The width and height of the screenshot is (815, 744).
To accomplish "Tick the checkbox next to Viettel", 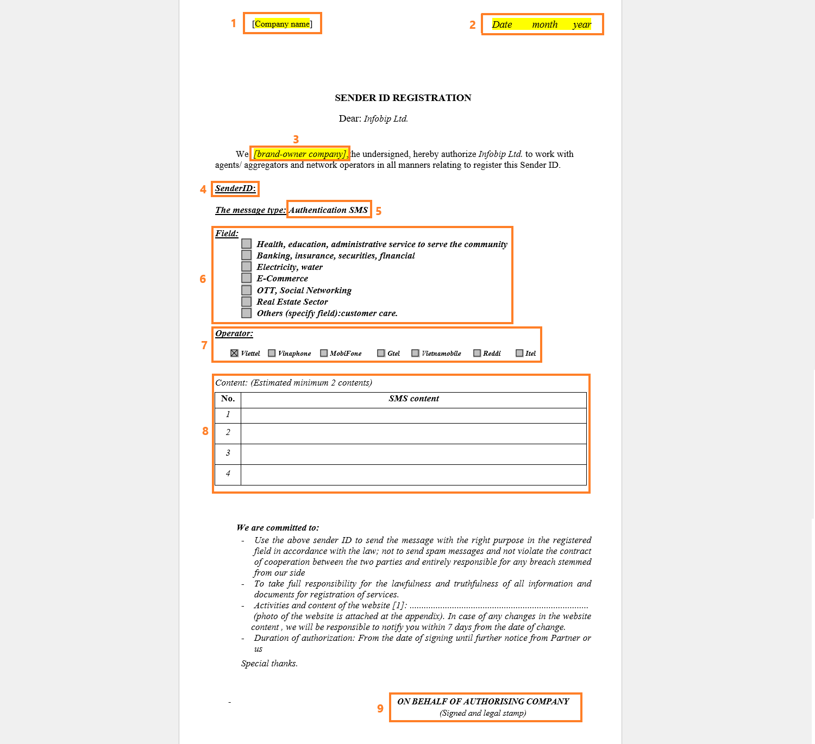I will (234, 353).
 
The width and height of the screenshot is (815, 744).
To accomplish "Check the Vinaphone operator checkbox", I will (272, 353).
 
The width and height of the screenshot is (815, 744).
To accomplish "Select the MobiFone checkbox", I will (324, 353).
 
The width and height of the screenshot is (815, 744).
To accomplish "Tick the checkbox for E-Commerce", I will (247, 278).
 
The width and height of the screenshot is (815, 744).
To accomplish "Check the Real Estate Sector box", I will (247, 301).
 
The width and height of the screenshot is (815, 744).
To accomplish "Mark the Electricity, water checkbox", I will (247, 267).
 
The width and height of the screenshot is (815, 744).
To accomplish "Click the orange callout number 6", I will (203, 279).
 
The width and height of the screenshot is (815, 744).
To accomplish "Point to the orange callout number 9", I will (380, 709).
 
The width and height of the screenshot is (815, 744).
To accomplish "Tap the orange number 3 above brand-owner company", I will (296, 140).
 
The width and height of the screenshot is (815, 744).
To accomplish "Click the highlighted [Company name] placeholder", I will (282, 24).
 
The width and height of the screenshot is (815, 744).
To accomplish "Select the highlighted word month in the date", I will (544, 24).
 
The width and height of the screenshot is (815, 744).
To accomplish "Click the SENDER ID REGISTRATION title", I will (403, 98).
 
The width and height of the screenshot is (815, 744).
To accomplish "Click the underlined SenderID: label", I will (235, 188).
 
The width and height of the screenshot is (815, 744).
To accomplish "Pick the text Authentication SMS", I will (328, 210).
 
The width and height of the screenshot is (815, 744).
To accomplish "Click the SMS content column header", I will (413, 399).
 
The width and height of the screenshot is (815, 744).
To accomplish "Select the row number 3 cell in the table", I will (228, 453).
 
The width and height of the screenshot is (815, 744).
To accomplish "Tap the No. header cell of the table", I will (228, 399).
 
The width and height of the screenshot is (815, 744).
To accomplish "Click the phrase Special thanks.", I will (269, 664).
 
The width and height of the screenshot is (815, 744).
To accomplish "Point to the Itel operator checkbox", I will (519, 353).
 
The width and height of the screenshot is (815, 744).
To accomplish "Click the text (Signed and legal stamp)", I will (482, 713).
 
